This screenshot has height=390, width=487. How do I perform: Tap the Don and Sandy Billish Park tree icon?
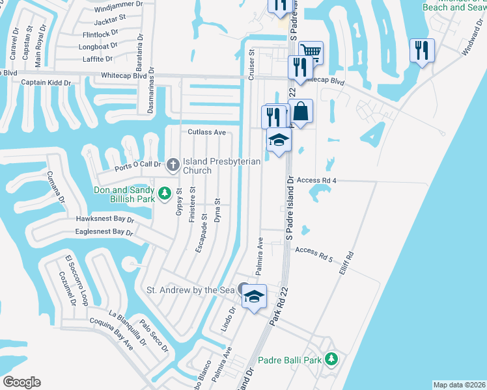(x=165, y=194)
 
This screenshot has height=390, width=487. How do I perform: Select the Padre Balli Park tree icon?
(x=331, y=359)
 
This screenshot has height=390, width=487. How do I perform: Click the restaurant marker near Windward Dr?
(x=422, y=49)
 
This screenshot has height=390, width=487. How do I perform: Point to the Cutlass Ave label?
(x=206, y=133)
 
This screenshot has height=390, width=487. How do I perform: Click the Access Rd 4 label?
(x=316, y=180)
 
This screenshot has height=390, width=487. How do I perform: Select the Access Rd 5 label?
(x=314, y=254)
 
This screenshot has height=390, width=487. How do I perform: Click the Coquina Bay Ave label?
(x=111, y=342)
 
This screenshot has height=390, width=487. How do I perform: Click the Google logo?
(x=21, y=382)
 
